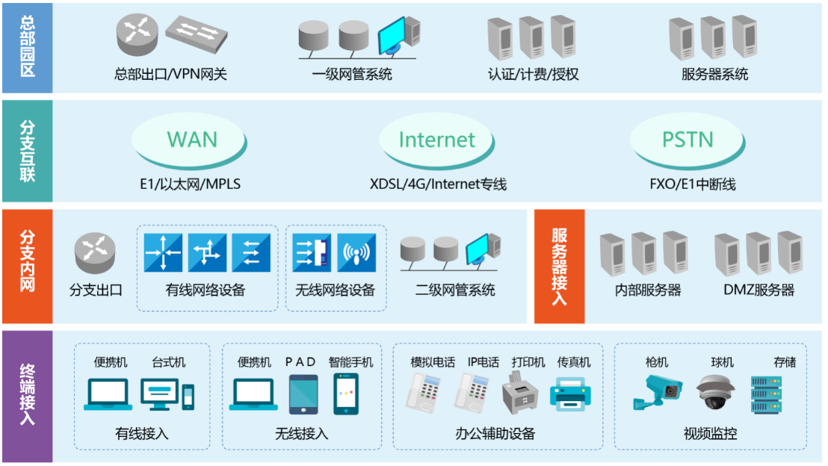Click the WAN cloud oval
(192, 140)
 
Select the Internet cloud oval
(437, 140)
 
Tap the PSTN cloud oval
(688, 140)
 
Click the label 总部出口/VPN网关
(170, 75)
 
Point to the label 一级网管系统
(351, 75)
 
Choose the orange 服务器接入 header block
(559, 267)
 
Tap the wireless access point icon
(356, 253)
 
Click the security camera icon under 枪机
(656, 392)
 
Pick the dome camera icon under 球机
(716, 392)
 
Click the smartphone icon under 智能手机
(346, 394)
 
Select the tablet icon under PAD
(303, 394)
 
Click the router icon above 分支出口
(95, 253)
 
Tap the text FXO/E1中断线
(688, 184)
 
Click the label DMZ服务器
(759, 291)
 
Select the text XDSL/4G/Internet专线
(438, 184)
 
